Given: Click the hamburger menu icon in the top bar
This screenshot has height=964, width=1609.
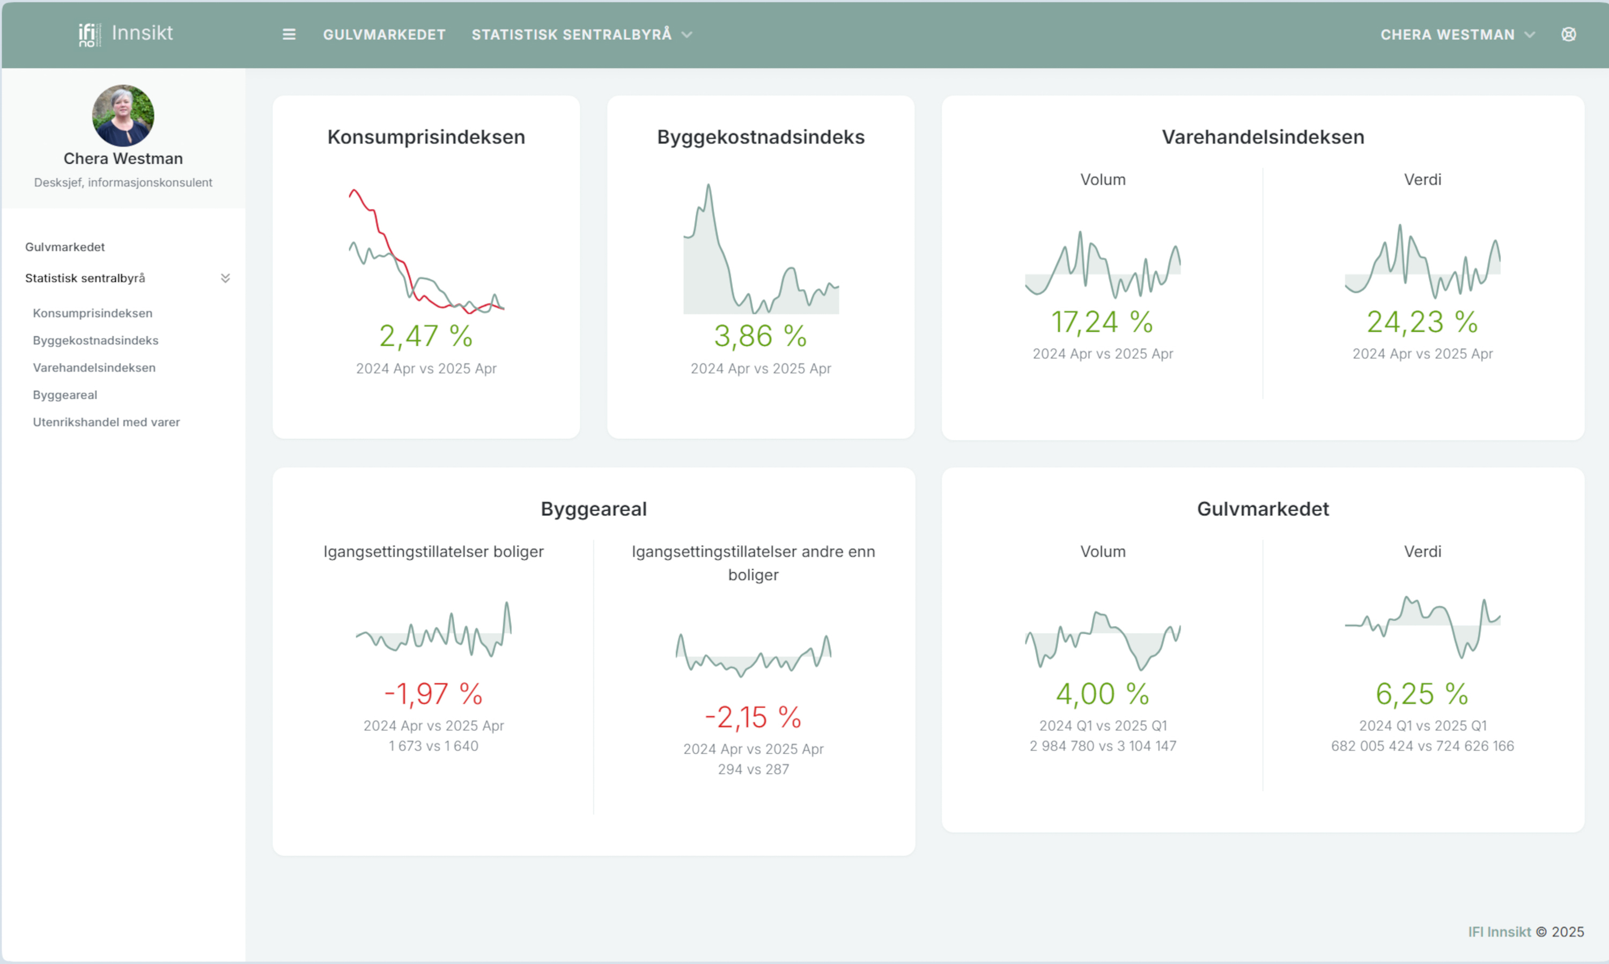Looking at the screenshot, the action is coord(289,34).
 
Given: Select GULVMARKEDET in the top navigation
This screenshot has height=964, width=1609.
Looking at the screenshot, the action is coord(384,34).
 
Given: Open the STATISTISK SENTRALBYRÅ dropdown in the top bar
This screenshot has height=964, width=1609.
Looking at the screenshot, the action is coord(581,34).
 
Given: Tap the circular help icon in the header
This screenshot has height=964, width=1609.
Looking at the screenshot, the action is coord(1568,34).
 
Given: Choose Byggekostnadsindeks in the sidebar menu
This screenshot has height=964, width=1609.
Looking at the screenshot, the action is coord(95,340).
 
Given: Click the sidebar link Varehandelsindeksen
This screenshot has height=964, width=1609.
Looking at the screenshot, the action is coord(94,368).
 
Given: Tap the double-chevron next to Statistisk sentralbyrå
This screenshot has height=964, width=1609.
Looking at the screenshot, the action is coord(225,278).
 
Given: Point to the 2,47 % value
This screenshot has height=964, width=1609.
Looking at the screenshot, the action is coord(426,336).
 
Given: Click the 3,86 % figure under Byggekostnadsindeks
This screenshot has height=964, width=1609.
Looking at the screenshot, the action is coord(761,336).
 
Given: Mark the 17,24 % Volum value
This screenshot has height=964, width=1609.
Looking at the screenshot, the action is coord(1102,322).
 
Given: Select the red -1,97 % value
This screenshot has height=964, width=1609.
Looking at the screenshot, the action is coord(433,694).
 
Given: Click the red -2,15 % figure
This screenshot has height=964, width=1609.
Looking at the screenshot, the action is coord(753,717).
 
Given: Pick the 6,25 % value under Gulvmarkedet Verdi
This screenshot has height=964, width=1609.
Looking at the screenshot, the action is coord(1422,694).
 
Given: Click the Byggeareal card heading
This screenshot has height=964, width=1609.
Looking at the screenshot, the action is coord(593,509).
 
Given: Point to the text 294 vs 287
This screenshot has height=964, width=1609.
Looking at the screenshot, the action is coord(753,769).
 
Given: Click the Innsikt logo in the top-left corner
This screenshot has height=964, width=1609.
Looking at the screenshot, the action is coord(126,33).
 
